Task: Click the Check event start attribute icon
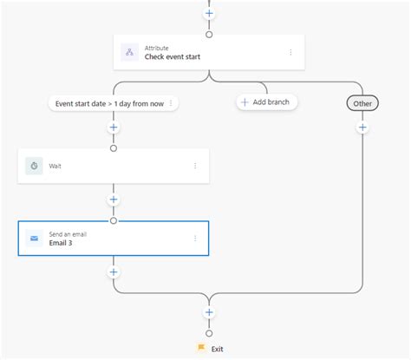(x=129, y=52)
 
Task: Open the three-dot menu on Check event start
(x=290, y=52)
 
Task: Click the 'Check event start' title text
(x=174, y=57)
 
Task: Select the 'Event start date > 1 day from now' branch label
(x=109, y=103)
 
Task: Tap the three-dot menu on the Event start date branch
(x=171, y=103)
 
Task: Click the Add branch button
(x=267, y=102)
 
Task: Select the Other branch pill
(x=362, y=103)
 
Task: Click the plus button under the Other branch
(x=362, y=128)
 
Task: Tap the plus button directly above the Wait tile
(x=113, y=128)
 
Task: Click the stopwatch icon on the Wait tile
(x=34, y=166)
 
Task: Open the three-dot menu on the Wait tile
(x=195, y=166)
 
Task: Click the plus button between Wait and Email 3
(x=113, y=200)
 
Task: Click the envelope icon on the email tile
(x=34, y=238)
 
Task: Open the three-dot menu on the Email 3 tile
(x=195, y=238)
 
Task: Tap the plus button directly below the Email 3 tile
(x=113, y=272)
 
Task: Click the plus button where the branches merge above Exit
(x=209, y=312)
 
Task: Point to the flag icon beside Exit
(x=201, y=348)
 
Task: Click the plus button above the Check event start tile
(x=209, y=14)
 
